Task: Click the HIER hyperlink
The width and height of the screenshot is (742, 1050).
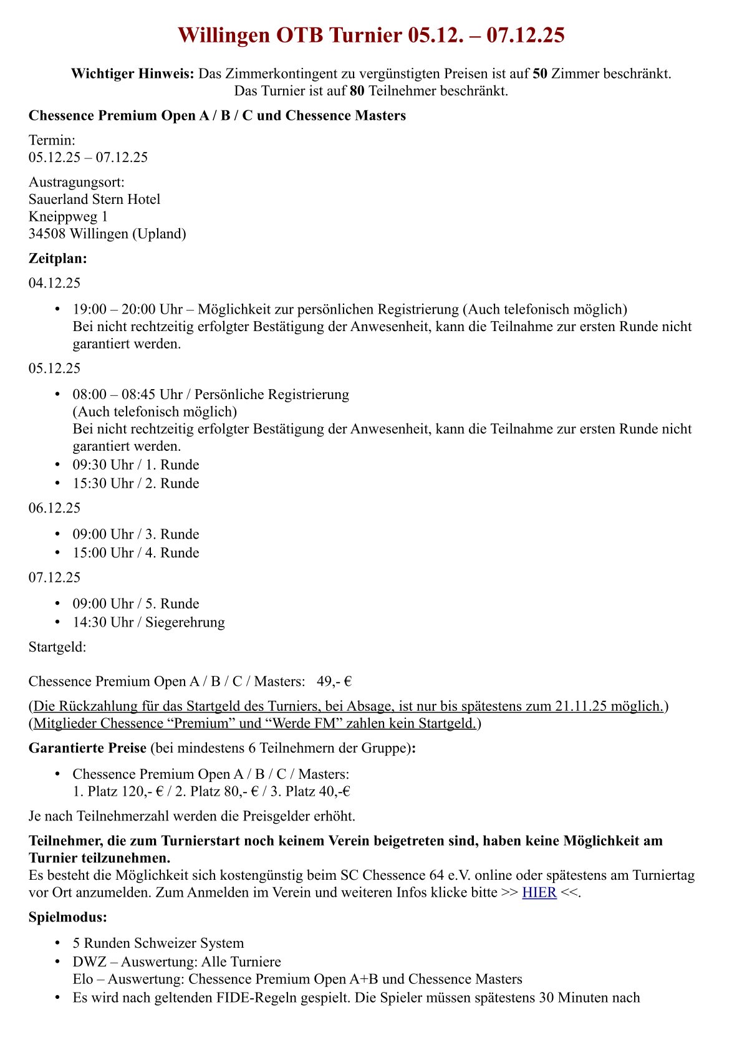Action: (x=539, y=892)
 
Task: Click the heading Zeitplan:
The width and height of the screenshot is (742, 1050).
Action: (x=58, y=258)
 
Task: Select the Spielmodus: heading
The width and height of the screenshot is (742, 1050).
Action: (x=68, y=917)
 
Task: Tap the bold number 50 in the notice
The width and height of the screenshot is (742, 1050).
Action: (x=540, y=74)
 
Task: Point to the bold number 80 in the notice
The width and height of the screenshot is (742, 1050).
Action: (x=357, y=91)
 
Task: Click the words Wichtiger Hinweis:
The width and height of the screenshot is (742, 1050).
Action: (x=133, y=74)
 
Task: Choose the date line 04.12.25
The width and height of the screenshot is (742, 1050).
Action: (x=55, y=283)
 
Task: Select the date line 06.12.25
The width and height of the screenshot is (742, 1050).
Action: (x=55, y=508)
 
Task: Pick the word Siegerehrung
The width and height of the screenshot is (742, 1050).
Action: (x=185, y=622)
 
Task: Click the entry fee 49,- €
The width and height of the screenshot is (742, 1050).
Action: (x=334, y=682)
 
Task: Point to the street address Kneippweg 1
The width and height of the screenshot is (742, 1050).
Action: (x=68, y=217)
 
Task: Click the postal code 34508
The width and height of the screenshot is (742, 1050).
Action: (x=47, y=234)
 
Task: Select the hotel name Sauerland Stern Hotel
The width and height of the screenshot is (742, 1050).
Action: (x=95, y=200)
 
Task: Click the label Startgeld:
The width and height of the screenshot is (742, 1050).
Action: (x=57, y=647)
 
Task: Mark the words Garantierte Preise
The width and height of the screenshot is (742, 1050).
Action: (x=87, y=748)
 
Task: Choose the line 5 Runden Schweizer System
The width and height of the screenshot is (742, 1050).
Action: (x=158, y=943)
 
